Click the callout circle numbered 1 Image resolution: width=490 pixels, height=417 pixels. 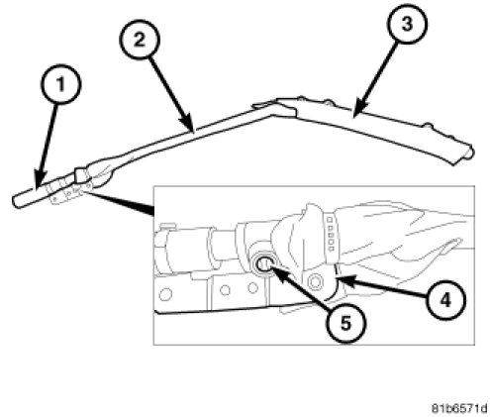(61, 84)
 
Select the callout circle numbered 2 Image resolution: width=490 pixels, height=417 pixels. (140, 41)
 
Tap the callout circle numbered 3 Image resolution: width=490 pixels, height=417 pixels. (407, 24)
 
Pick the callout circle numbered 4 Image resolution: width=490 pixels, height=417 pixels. (445, 301)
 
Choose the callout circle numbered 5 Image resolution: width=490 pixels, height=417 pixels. (345, 323)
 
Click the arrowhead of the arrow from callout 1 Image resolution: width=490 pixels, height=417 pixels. (39, 181)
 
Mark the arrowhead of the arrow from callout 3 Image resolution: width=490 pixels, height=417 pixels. (358, 110)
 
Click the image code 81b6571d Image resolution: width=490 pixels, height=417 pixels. (459, 408)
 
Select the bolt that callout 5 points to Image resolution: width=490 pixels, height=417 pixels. (263, 264)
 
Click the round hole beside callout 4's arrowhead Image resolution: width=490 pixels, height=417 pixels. (315, 281)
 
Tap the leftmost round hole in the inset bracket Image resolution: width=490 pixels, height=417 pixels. (165, 294)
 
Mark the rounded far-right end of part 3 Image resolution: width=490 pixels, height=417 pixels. (469, 153)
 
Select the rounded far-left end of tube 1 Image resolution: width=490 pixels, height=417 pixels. (16, 202)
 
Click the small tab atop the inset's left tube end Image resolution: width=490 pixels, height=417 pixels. (167, 227)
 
